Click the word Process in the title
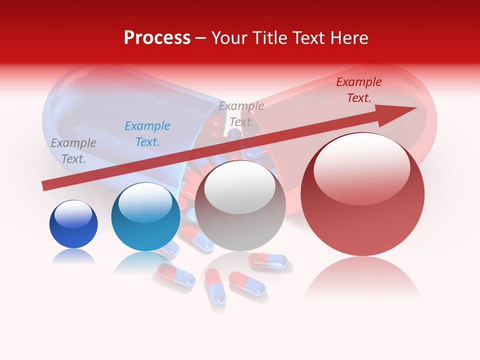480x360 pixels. (157, 38)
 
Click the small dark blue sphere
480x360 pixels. (73, 224)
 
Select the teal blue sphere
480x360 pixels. (145, 217)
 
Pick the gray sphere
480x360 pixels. (240, 206)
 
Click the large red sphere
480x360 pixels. (362, 195)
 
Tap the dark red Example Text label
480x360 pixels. (359, 90)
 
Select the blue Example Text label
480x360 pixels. (147, 134)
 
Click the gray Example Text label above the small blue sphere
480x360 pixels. (73, 151)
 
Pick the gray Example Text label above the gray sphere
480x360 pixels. (241, 114)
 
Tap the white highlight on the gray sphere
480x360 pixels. (240, 187)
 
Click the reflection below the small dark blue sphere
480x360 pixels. (73, 257)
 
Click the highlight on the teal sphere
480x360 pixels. (145, 201)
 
